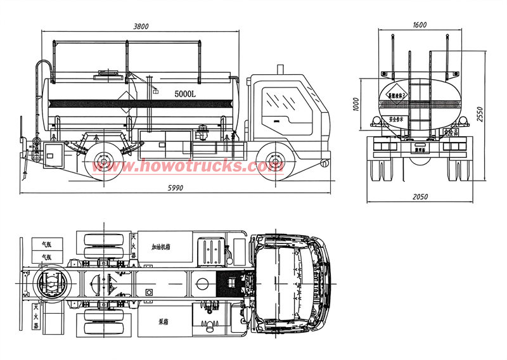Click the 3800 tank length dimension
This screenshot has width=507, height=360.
pyautogui.click(x=141, y=27)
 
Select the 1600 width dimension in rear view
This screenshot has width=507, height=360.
pyautogui.click(x=419, y=25)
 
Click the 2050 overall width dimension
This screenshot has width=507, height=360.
pyautogui.click(x=420, y=197)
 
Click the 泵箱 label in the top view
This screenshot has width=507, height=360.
pyautogui.click(x=165, y=321)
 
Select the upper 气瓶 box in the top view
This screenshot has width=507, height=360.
pyautogui.click(x=46, y=243)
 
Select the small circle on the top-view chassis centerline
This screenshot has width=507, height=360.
pyautogui.click(x=149, y=292)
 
